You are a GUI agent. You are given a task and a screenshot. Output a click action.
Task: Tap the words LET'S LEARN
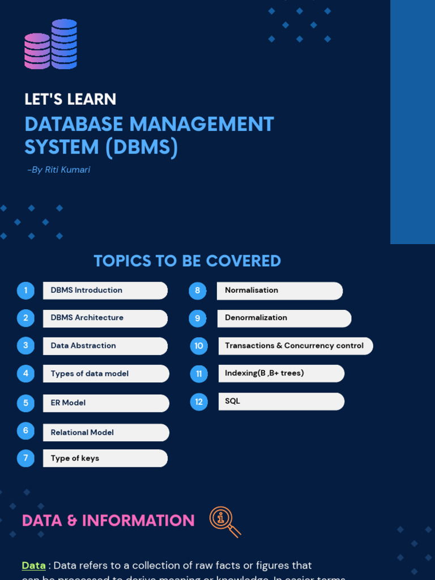(x=70, y=99)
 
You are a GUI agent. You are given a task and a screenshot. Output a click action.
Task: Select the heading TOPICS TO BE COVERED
(x=187, y=261)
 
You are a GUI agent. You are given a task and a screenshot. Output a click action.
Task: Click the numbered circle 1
(x=25, y=291)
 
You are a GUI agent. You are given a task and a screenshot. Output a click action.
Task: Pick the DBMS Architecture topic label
(x=87, y=318)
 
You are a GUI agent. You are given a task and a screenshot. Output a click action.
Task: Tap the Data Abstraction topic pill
(x=105, y=346)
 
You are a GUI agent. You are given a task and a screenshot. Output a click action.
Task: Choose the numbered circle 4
(x=25, y=373)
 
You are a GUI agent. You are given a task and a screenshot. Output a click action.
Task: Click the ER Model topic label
(x=68, y=403)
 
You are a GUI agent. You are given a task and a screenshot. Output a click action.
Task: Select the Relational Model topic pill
(x=105, y=433)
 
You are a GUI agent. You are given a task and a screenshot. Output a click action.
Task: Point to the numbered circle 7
(x=25, y=458)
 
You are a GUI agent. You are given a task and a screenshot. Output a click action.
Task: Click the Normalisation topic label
(x=251, y=290)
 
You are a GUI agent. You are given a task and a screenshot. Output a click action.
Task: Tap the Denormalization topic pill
(x=284, y=318)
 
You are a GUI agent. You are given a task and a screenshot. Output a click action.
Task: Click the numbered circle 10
(x=199, y=346)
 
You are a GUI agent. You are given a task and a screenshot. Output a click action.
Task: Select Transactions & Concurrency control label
(x=294, y=346)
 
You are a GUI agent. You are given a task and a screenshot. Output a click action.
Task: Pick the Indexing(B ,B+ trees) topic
(x=265, y=373)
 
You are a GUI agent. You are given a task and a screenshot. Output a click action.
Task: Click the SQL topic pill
(x=280, y=401)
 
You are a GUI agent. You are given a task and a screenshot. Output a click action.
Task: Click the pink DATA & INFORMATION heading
(x=108, y=521)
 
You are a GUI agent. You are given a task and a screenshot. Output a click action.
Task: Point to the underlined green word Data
(x=33, y=565)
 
